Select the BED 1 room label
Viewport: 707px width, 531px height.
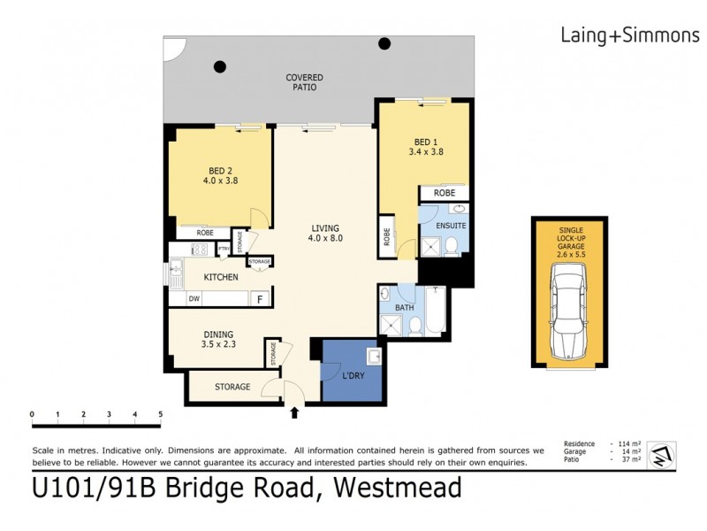pyautogui.click(x=425, y=146)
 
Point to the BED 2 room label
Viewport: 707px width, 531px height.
pyautogui.click(x=221, y=174)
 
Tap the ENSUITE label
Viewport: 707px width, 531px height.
pyautogui.click(x=451, y=226)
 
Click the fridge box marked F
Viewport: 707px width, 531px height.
pyautogui.click(x=260, y=299)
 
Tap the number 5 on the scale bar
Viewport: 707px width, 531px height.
pyautogui.click(x=161, y=414)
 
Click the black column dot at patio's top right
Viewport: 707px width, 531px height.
pyautogui.click(x=385, y=43)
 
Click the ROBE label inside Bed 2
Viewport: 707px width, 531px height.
pyautogui.click(x=204, y=233)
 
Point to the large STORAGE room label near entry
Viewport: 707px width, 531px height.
pyautogui.click(x=233, y=387)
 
